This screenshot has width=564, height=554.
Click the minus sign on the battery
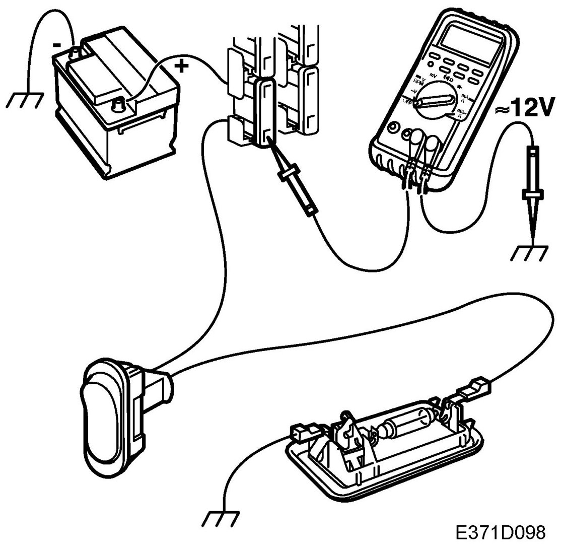tap(57, 45)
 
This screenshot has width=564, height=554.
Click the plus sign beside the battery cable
tap(182, 65)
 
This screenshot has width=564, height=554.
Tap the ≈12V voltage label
tap(525, 108)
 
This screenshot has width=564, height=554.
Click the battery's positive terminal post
tap(119, 106)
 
